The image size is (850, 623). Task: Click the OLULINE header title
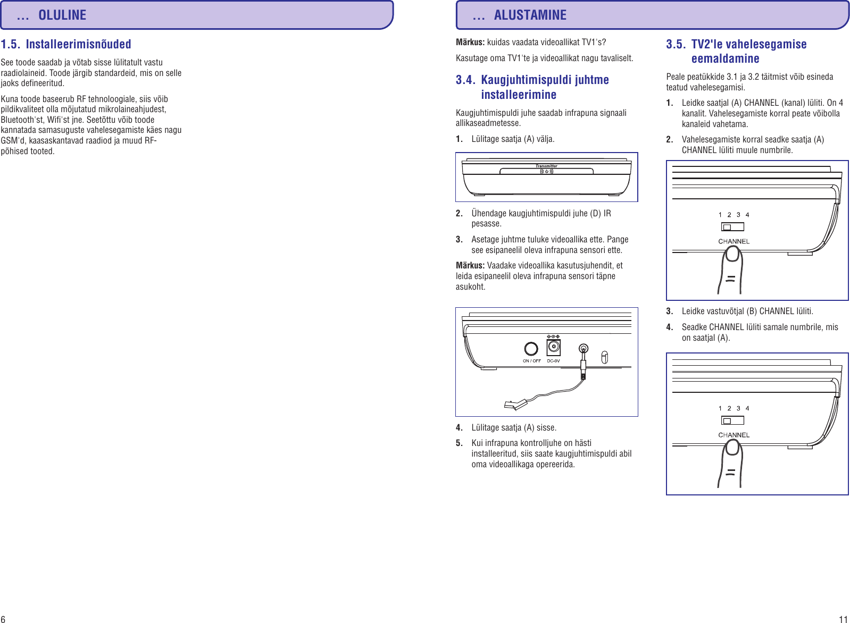click(62, 15)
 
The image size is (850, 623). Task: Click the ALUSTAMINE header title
click(530, 15)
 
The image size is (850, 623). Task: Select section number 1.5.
click(10, 44)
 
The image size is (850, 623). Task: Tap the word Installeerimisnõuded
click(78, 44)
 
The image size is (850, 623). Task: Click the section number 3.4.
click(465, 80)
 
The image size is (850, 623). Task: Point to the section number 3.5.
click(676, 44)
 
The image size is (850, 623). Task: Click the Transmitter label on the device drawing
click(546, 166)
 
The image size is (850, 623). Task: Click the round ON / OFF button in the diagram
click(531, 349)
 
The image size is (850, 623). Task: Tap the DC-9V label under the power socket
click(553, 361)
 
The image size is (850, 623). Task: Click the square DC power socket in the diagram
click(553, 348)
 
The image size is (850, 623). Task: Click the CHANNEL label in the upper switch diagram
click(734, 241)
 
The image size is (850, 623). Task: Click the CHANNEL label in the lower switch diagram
click(734, 435)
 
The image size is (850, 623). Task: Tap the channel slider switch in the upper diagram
click(732, 227)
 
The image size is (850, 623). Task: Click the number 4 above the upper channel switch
click(747, 215)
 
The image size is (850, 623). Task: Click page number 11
click(843, 619)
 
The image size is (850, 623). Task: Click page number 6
click(3, 619)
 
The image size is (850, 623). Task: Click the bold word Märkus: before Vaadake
click(470, 265)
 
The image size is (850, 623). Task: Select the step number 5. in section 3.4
click(459, 443)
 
